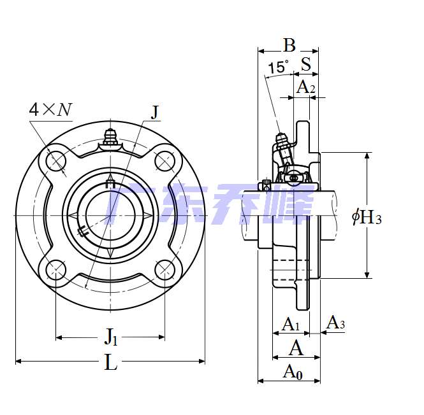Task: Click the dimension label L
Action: (x=111, y=363)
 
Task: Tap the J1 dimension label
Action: (x=111, y=335)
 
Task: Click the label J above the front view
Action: (x=155, y=112)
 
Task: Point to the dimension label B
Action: (x=289, y=45)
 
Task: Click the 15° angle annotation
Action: (x=278, y=67)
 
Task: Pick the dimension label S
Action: (x=306, y=64)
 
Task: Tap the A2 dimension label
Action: (x=306, y=87)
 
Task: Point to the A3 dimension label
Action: (x=335, y=323)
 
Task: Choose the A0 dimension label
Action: (x=292, y=371)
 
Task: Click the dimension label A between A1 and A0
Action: (x=296, y=348)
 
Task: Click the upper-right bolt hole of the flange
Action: (x=165, y=162)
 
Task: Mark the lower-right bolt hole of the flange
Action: (x=165, y=270)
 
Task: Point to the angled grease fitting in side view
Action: (x=281, y=141)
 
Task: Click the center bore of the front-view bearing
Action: (x=110, y=216)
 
